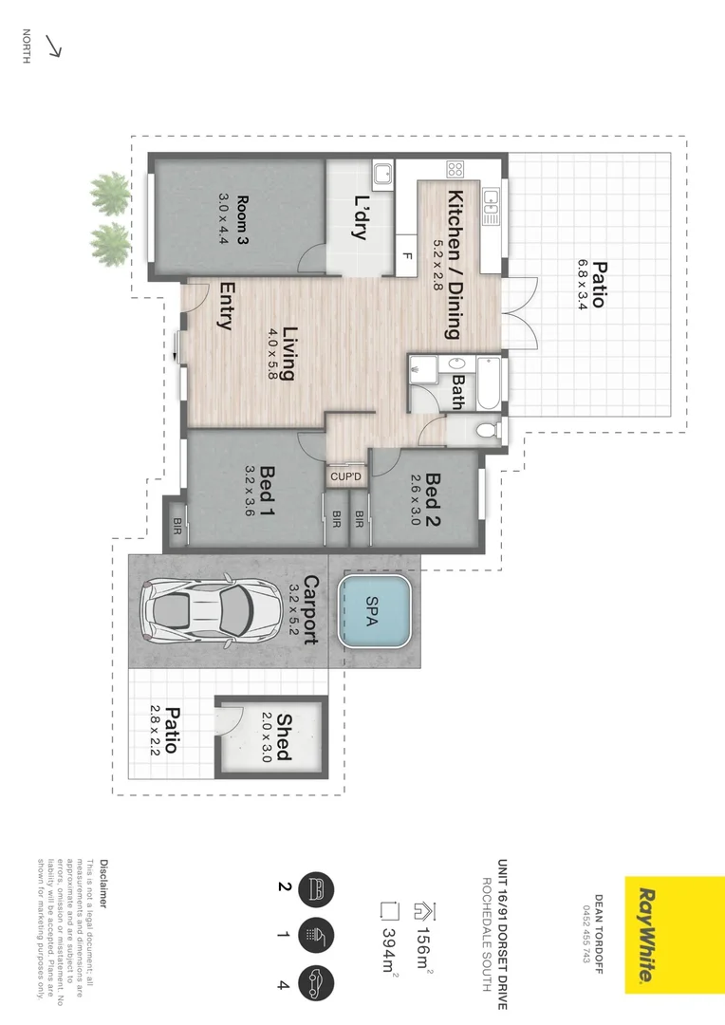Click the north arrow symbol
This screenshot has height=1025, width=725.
coord(53,47)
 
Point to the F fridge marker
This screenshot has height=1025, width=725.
coord(406,256)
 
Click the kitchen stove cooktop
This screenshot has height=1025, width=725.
coord(455,171)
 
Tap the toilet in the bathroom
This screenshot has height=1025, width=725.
coord(487,431)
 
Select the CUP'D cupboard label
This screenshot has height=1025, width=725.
coord(344,475)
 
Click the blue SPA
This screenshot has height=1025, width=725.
coord(374,611)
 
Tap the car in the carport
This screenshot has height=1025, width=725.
coord(197,612)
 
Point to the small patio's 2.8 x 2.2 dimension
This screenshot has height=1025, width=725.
coord(154,729)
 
